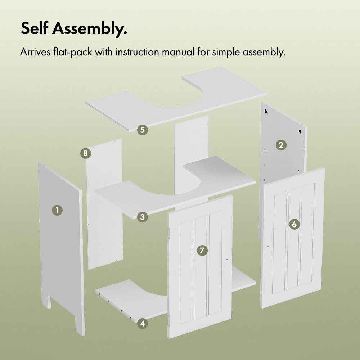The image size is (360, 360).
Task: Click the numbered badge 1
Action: click(57, 210)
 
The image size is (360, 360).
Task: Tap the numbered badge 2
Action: click(281, 145)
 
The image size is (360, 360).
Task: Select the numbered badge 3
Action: click(142, 217)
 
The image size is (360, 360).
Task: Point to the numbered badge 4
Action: click(142, 324)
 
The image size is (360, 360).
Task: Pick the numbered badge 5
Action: click(142, 130)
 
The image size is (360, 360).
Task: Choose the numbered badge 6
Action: click(294, 224)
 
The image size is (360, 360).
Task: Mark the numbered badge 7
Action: click(202, 250)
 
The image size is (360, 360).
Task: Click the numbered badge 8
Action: click(86, 153)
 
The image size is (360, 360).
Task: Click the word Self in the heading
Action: click(35, 28)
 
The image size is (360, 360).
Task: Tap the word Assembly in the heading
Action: click(90, 29)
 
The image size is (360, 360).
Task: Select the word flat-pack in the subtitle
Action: click(72, 52)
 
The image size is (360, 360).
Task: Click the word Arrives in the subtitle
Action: click(35, 52)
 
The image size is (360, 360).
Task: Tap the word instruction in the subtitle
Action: click(137, 52)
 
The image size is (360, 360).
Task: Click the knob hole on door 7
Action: click(227, 260)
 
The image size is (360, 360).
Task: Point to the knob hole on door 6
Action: click(268, 247)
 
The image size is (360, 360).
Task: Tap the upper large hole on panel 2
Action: click(266, 111)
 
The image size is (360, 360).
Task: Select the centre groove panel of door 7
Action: click(201, 267)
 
